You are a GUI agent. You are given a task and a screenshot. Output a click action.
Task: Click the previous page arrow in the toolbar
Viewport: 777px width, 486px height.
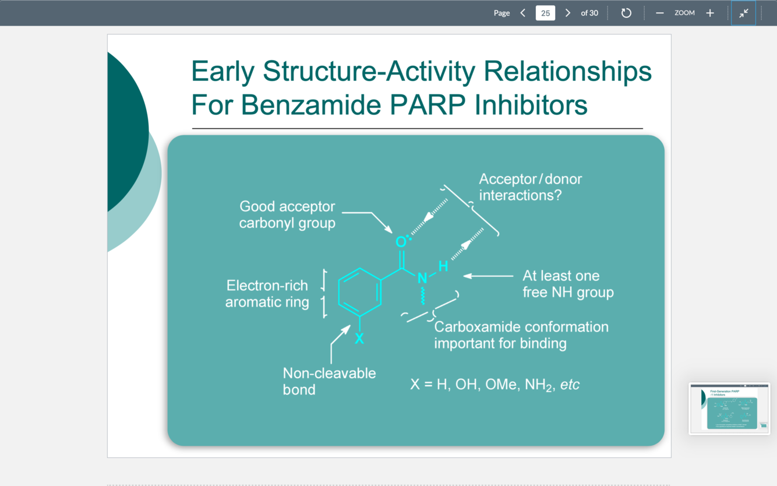pyautogui.click(x=522, y=13)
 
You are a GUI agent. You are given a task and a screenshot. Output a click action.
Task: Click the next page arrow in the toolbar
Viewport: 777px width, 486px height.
pyautogui.click(x=568, y=13)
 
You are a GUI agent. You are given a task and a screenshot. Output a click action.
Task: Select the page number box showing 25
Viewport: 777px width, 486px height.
pyautogui.click(x=545, y=13)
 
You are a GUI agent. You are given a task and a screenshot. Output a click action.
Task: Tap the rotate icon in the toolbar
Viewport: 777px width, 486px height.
pyautogui.click(x=626, y=13)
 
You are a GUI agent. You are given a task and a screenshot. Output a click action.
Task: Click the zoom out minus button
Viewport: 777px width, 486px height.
pyautogui.click(x=659, y=13)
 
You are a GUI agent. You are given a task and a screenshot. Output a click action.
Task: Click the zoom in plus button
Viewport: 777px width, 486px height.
pyautogui.click(x=710, y=13)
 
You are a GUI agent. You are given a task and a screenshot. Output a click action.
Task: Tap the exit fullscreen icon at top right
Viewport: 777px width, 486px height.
pyautogui.click(x=744, y=13)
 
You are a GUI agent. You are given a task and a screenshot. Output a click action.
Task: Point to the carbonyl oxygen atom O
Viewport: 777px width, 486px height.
pyautogui.click(x=401, y=242)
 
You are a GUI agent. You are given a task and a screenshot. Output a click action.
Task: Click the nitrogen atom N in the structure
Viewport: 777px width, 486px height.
pyautogui.click(x=422, y=279)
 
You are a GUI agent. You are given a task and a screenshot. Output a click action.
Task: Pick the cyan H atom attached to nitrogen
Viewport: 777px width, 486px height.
pyautogui.click(x=443, y=266)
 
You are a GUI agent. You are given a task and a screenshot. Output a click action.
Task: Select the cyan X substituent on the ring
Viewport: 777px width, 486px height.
pyautogui.click(x=359, y=339)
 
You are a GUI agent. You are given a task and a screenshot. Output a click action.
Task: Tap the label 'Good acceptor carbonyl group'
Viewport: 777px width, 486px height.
pyautogui.click(x=287, y=214)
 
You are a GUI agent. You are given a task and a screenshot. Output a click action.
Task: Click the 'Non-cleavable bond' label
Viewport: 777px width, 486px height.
pyautogui.click(x=329, y=381)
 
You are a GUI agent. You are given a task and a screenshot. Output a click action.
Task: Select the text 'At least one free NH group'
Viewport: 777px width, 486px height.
pyautogui.click(x=568, y=284)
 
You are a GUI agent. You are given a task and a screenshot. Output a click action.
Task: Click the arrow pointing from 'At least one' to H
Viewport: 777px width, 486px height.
pyautogui.click(x=488, y=276)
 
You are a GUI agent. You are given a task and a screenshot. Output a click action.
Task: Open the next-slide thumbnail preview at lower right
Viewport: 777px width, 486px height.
pyautogui.click(x=729, y=408)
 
